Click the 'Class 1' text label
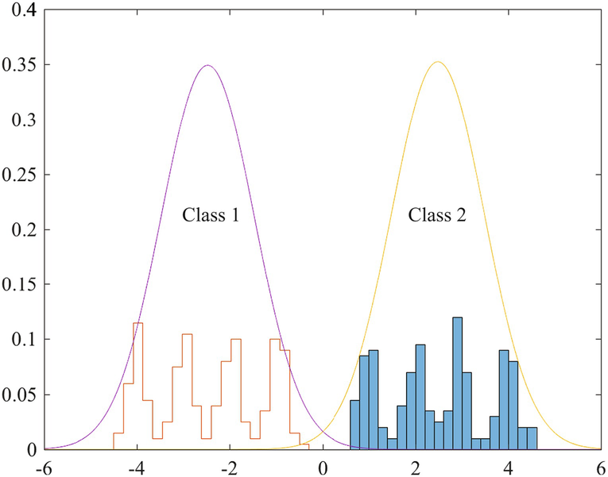(x=211, y=215)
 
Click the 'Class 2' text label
(x=436, y=215)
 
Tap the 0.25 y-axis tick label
(x=20, y=176)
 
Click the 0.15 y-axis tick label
(x=20, y=286)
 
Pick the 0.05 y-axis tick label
(x=20, y=395)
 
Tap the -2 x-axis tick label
(x=229, y=467)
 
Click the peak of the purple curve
(x=207, y=66)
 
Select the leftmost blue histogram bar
(x=354, y=425)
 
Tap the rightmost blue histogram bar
(x=532, y=438)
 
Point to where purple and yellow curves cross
(x=323, y=438)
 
